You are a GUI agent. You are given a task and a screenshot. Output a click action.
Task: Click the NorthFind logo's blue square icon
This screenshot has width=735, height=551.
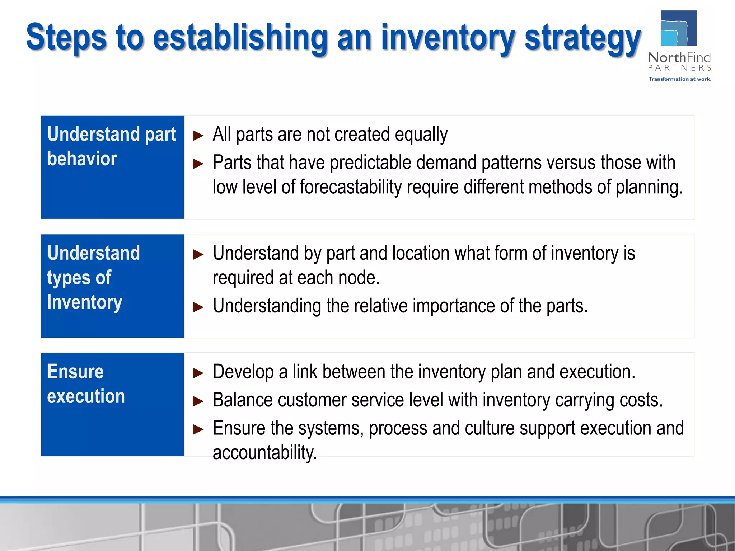[x=678, y=29]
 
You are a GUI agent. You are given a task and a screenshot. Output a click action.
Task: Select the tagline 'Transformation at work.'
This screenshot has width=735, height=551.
[x=679, y=79]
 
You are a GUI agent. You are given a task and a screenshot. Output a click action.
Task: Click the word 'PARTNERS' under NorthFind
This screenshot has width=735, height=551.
[x=679, y=68]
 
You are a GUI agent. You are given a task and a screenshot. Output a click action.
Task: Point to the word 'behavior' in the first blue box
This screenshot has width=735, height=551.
[x=82, y=159]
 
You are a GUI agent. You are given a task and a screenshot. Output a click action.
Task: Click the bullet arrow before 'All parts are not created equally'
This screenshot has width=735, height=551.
[x=198, y=136]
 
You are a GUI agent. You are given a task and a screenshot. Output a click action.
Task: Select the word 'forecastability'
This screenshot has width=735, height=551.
[x=351, y=187]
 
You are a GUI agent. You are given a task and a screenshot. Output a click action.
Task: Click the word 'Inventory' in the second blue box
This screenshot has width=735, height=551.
[x=85, y=302]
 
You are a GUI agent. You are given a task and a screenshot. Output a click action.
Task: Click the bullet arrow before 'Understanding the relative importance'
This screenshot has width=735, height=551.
[x=198, y=307]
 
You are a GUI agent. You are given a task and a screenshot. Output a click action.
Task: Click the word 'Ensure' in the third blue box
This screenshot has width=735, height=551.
[x=75, y=372]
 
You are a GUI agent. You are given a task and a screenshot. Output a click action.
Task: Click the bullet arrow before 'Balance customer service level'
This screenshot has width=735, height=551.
[x=198, y=401]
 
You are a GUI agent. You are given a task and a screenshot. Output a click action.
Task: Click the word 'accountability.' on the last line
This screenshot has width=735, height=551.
[x=264, y=453]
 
